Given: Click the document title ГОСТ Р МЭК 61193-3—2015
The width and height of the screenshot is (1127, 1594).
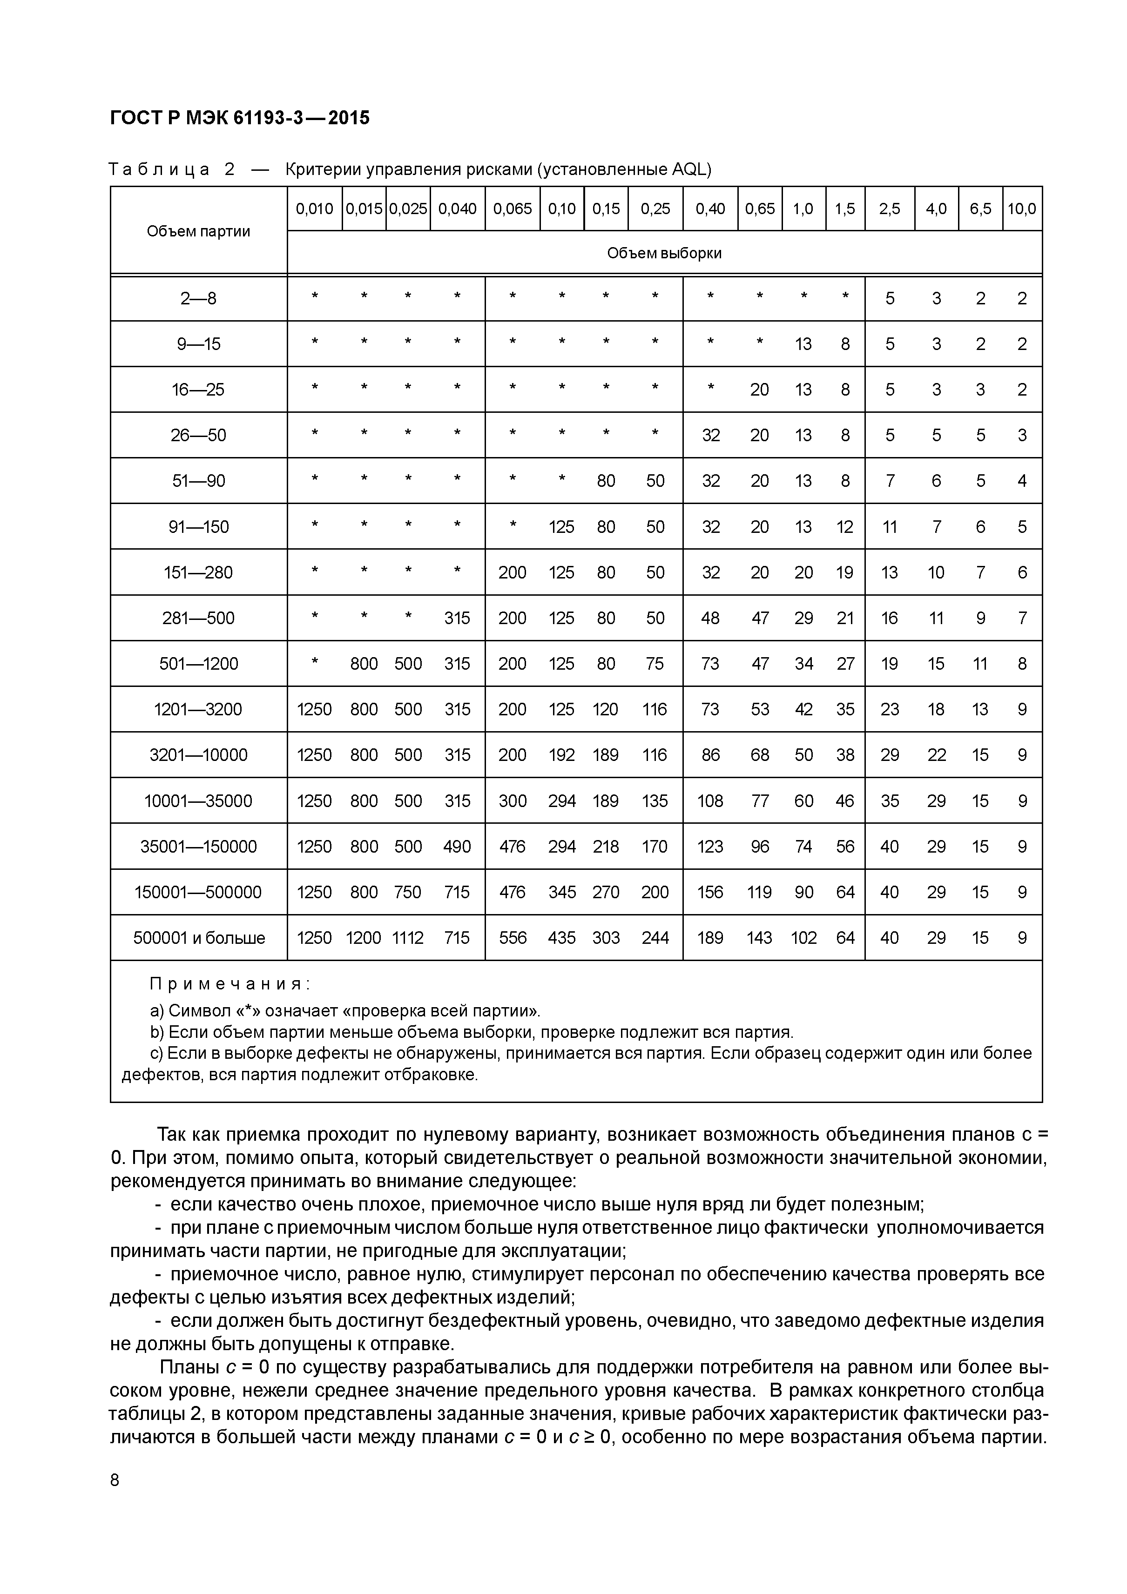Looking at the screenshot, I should point(240,118).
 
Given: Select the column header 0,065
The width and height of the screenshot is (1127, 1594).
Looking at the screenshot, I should point(513,208).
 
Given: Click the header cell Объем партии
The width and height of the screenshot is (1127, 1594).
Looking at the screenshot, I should point(199,231).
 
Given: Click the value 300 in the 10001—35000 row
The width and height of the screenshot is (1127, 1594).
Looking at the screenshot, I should point(513,801).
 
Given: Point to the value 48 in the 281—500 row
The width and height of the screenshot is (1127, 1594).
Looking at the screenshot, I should point(710,618).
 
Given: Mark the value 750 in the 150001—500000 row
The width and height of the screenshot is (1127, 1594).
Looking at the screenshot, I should point(408,892).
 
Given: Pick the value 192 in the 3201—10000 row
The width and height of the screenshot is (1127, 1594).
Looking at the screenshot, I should point(562,755).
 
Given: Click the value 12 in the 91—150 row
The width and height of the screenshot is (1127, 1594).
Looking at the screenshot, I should point(844,527).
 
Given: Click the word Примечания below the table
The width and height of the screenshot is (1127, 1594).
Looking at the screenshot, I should point(229,984).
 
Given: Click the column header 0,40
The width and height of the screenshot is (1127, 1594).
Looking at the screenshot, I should point(710,208).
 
